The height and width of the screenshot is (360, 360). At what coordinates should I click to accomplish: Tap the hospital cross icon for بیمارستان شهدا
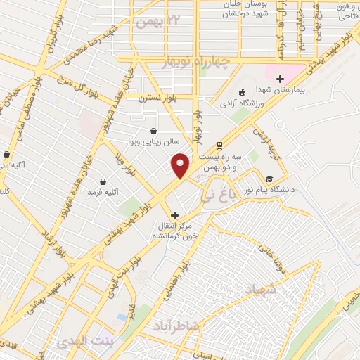click(281, 79)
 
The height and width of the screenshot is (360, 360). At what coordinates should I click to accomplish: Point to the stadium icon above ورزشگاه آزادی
click(243, 91)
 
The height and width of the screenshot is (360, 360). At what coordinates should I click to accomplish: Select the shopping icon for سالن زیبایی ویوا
click(153, 130)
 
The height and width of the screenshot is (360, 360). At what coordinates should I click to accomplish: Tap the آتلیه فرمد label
click(103, 191)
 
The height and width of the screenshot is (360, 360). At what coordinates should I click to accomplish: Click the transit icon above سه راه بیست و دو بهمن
click(221, 146)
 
